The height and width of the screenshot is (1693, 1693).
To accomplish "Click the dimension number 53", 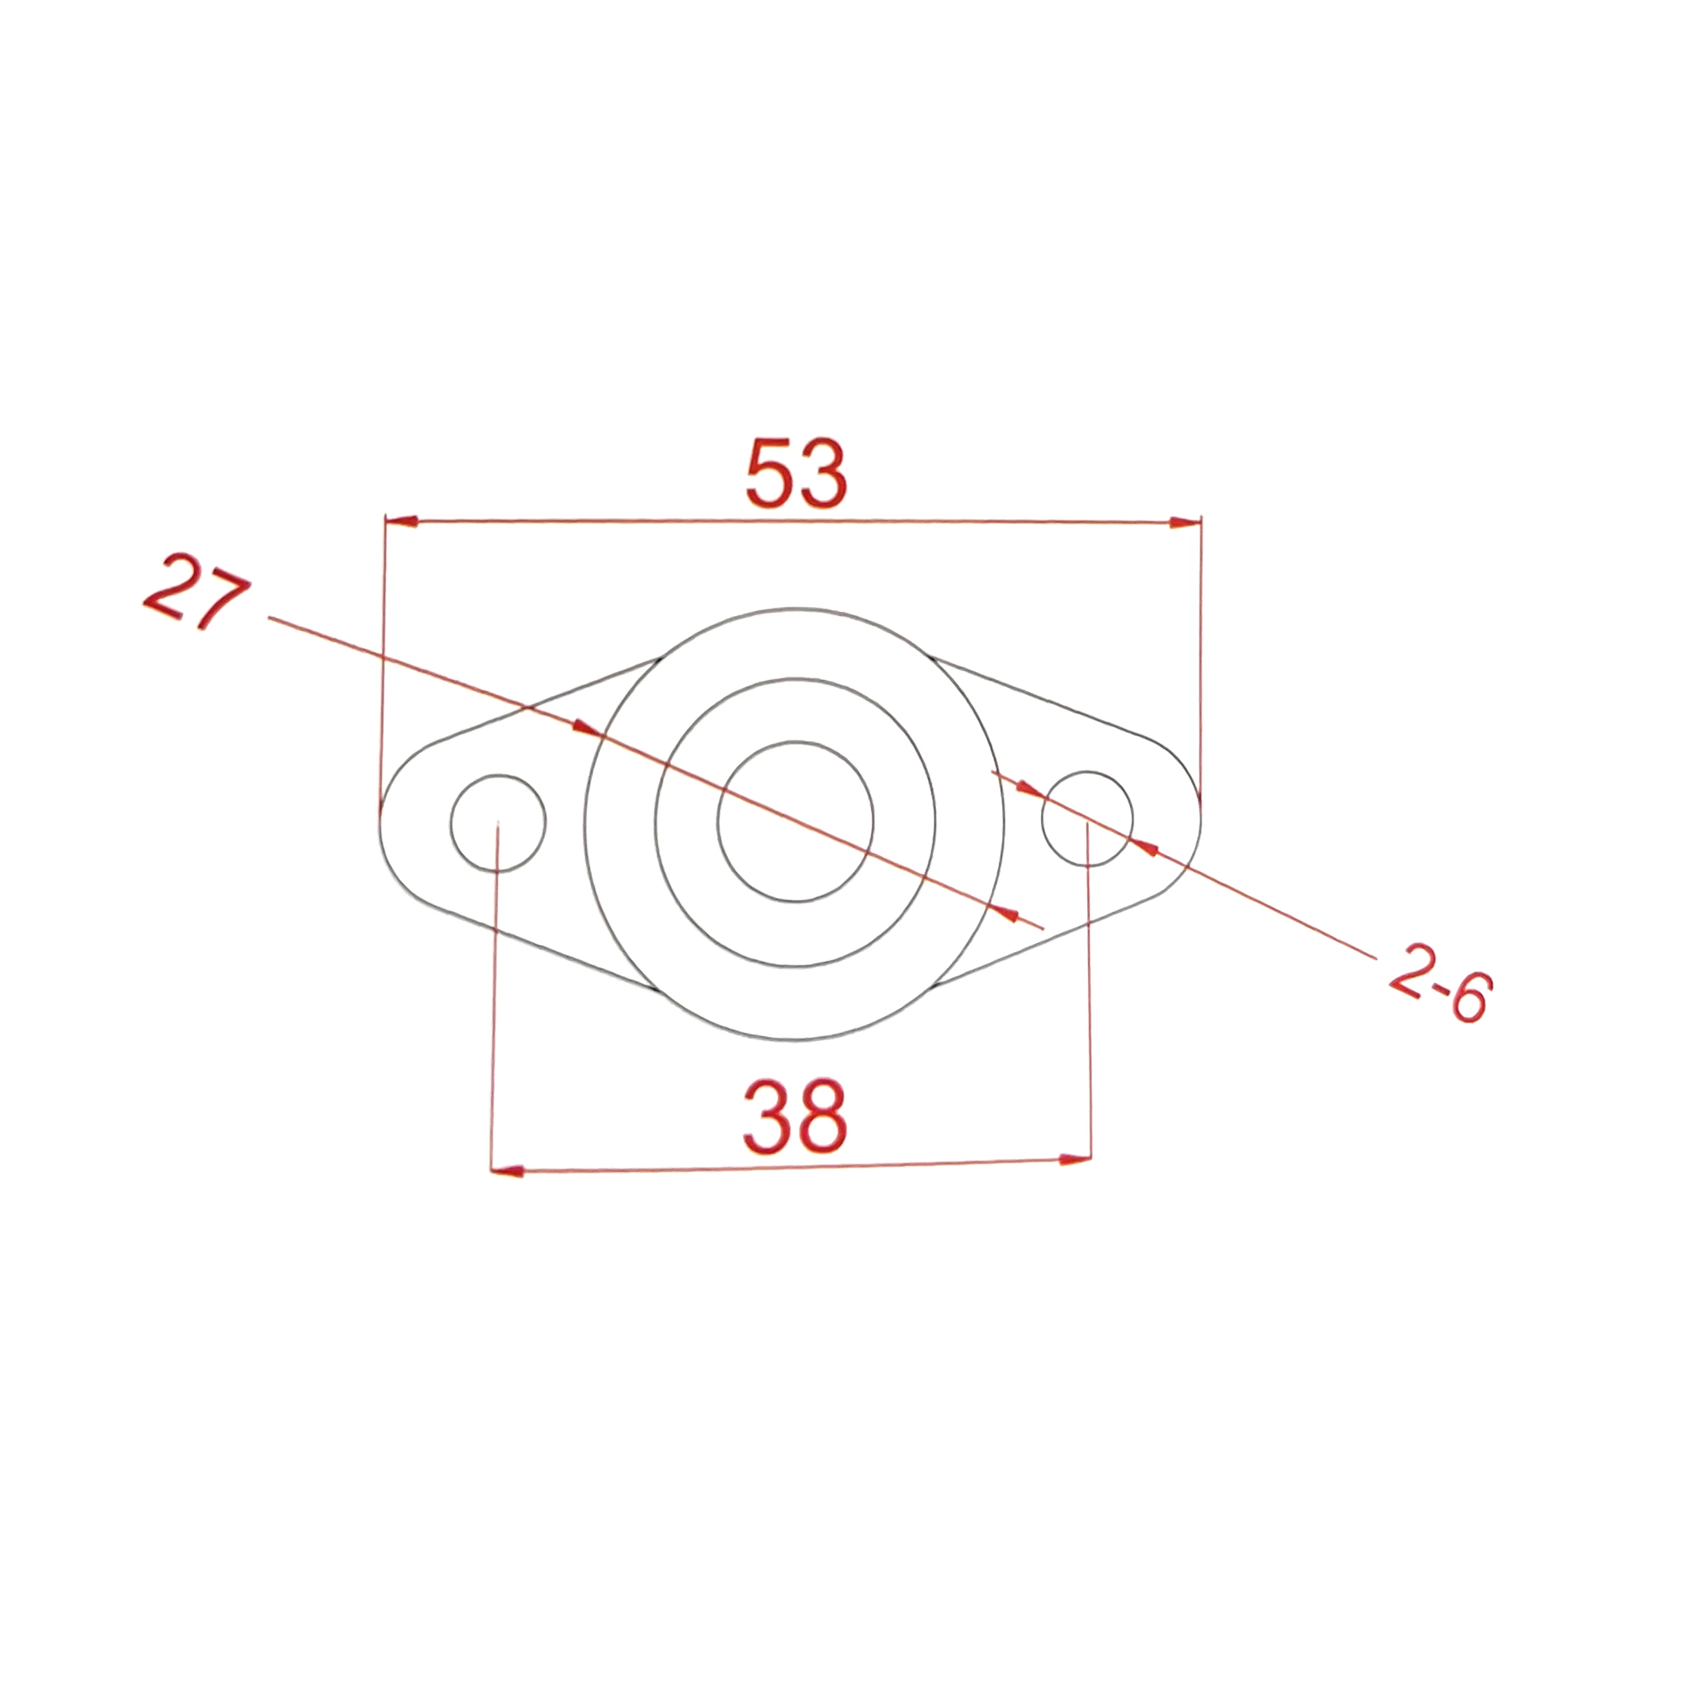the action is (797, 474).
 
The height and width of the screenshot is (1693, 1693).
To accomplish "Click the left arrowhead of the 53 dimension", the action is (401, 521).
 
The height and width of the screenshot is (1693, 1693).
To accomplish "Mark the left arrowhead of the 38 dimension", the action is (507, 1171).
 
